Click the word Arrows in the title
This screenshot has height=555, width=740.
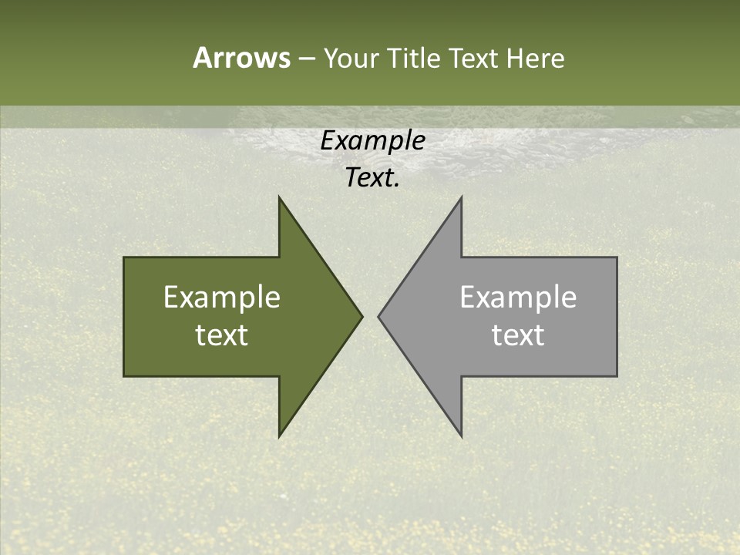point(240,58)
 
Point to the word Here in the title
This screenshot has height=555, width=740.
point(536,58)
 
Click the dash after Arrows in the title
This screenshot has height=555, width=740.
point(306,59)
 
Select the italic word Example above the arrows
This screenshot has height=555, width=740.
point(372,141)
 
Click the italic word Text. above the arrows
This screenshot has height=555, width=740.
point(372,178)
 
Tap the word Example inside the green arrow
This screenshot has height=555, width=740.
point(222,298)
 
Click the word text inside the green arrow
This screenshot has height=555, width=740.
point(222,335)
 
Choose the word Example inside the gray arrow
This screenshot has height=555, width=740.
point(518,298)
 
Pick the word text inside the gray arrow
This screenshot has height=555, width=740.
point(518,335)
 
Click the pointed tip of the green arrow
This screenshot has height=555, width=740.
point(361,316)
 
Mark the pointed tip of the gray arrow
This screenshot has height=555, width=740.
point(379,316)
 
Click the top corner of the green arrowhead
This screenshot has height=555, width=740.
point(280,199)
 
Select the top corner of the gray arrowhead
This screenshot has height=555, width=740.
point(461,199)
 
